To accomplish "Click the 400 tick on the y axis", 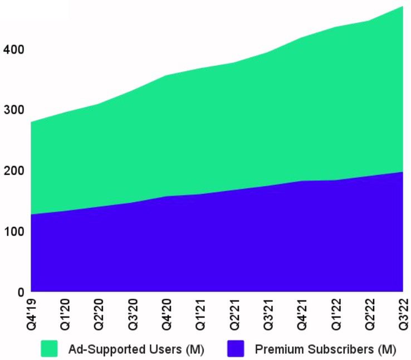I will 13,50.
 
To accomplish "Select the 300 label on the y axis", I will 13,110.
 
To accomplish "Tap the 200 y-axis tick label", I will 13,171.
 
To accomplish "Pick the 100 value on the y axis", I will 13,231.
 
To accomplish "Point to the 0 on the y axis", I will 21,291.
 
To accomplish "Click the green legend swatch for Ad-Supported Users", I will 49,349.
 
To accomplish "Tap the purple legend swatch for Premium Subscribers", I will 236,349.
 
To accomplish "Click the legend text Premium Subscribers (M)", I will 325,349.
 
